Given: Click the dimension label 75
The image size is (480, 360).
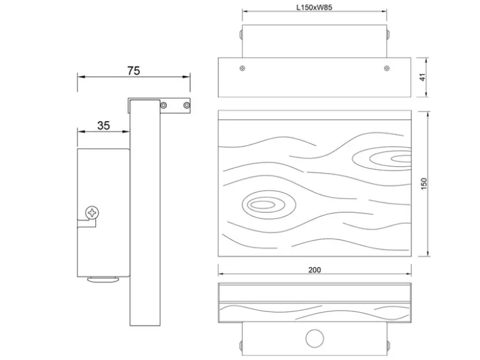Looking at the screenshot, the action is pos(134,71).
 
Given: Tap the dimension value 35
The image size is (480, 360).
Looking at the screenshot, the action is pos(103,126).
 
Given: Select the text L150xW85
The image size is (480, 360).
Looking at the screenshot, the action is pos(314,7).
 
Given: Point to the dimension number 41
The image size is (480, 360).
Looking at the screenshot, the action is pos(423,77).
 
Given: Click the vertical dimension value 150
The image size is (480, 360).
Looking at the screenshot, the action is pos(423,183).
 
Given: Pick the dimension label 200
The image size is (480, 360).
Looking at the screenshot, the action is pos(314,270).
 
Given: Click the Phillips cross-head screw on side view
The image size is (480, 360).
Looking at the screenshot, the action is pos(92,213).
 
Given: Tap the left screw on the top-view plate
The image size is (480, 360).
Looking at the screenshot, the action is pos(242,68).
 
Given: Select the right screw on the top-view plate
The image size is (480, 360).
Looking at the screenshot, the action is pos(386,68).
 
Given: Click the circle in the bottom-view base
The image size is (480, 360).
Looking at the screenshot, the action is pos(314,338).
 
